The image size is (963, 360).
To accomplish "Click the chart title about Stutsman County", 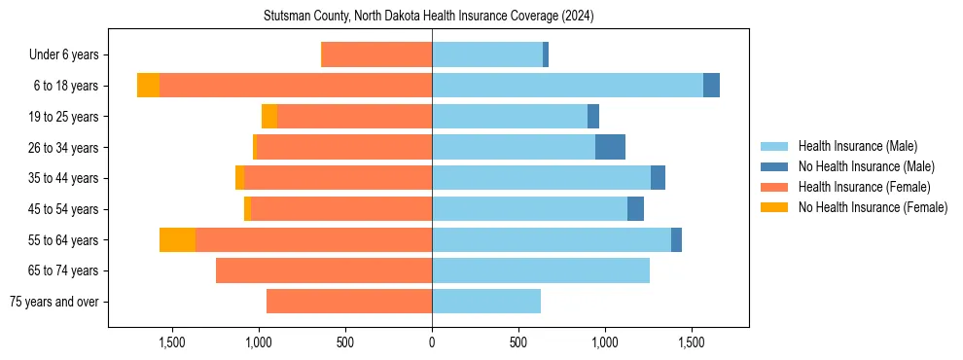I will [x=429, y=17].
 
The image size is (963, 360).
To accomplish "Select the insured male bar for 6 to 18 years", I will [x=567, y=86].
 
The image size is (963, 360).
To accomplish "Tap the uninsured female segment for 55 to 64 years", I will [x=177, y=240].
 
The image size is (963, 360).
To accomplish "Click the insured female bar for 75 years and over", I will [x=349, y=302].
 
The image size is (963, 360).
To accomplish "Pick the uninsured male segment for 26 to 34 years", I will [x=610, y=147].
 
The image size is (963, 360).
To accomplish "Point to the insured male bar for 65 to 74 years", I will [x=541, y=270].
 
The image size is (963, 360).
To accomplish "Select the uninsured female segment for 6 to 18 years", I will [x=148, y=86].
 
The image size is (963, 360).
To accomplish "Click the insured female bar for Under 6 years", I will [x=376, y=54].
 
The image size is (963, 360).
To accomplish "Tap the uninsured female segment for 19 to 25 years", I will [x=269, y=117].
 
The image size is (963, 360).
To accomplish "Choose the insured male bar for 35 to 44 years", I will [x=541, y=178].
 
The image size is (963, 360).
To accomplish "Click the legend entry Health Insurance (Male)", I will [x=857, y=146].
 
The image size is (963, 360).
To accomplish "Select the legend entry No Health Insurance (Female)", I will [x=873, y=207].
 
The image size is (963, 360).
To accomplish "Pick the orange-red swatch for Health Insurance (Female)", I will [x=774, y=187].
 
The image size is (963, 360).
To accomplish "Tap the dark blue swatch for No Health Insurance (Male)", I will [x=774, y=166].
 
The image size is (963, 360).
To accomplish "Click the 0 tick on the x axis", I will [x=432, y=342].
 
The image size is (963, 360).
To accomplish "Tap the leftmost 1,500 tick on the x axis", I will [x=172, y=342].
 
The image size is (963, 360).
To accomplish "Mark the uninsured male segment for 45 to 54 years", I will [x=635, y=209].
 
